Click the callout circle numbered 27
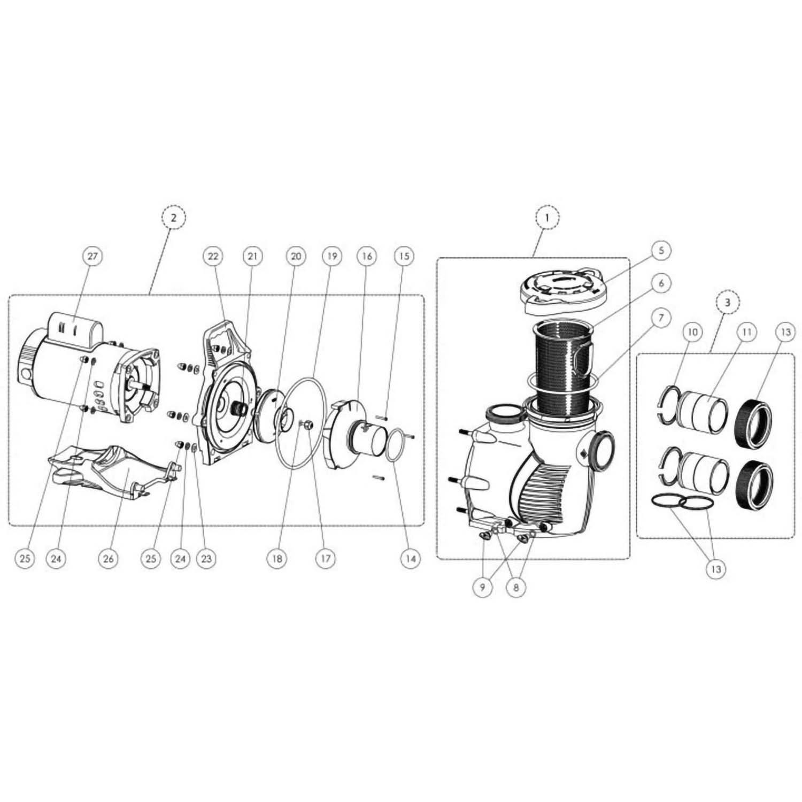click(x=92, y=256)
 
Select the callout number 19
click(x=331, y=256)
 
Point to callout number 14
click(x=410, y=558)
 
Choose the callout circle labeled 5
click(x=661, y=250)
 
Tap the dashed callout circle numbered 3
click(x=727, y=302)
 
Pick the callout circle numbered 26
click(x=109, y=558)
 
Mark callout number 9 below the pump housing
click(x=483, y=587)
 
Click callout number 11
click(x=746, y=332)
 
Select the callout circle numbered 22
click(x=213, y=256)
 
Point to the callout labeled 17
click(x=325, y=558)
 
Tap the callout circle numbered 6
click(x=661, y=283)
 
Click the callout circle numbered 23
click(x=206, y=558)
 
